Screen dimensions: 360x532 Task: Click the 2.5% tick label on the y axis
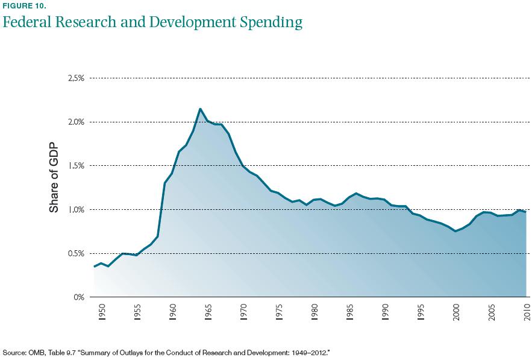(75, 78)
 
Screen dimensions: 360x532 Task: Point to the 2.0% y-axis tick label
(75, 122)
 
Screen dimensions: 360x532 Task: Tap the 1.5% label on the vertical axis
(75, 166)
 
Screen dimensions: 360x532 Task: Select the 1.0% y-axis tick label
(75, 210)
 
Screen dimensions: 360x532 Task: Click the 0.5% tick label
(75, 253)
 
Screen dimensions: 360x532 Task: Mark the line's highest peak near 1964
(200, 109)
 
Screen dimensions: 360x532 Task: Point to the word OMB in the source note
(34, 351)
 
